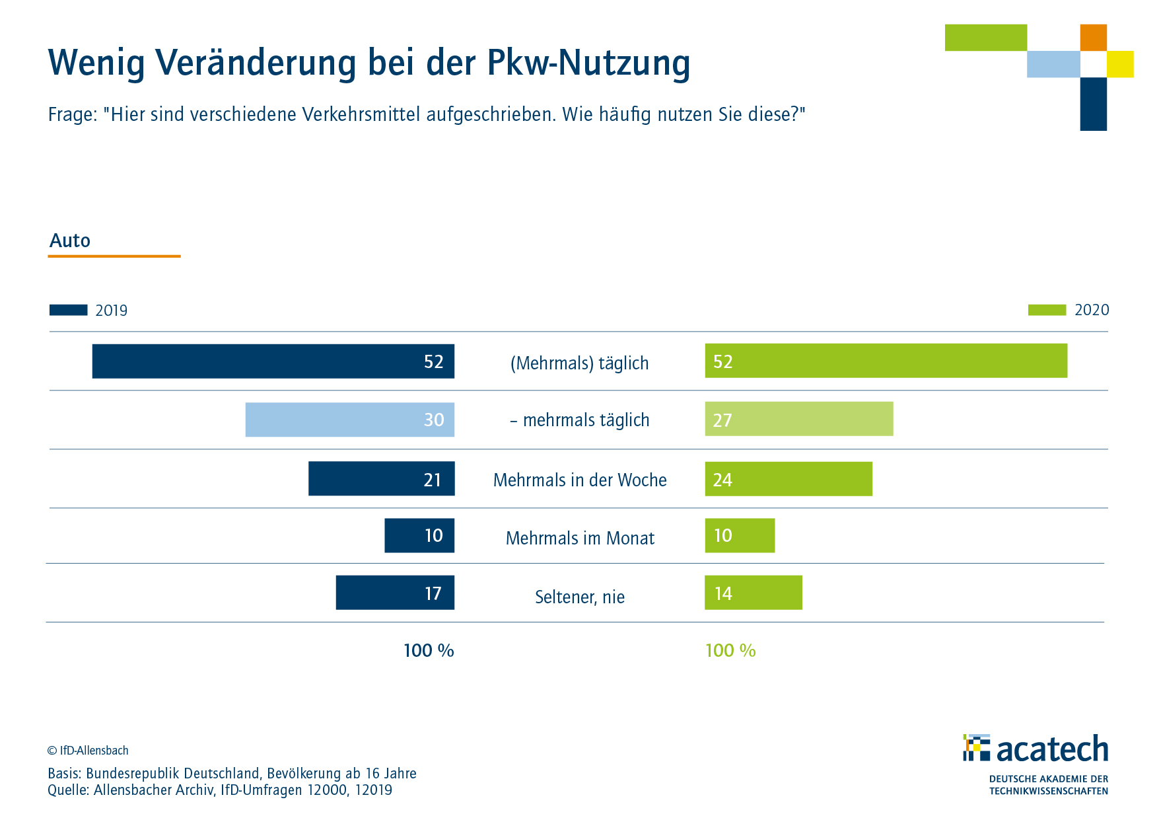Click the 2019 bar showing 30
coord(349,420)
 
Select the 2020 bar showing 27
coord(798,419)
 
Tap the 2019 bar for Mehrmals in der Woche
coord(381,478)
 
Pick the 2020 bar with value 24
coord(788,478)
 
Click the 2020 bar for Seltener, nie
coord(753,593)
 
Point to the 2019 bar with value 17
coord(394,593)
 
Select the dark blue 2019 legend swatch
coord(68,310)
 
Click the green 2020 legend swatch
coord(1047,310)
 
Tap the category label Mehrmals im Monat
coord(579,538)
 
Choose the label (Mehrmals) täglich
coord(579,363)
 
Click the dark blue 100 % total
coord(429,651)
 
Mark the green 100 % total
coord(730,651)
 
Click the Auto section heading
coord(70,241)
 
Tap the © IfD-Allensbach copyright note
coord(88,751)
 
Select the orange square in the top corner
coord(1093,38)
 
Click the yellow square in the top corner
coord(1120,64)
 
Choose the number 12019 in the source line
coord(373,790)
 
